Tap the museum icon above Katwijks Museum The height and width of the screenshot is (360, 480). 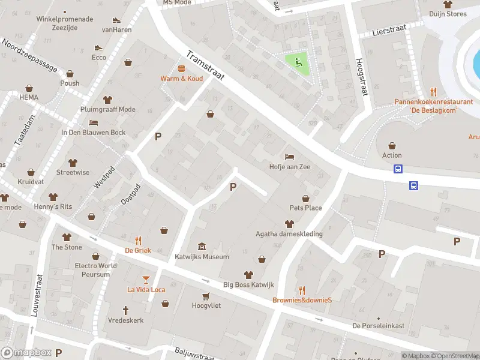tap(202, 247)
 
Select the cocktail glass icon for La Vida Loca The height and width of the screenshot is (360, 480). tap(146, 279)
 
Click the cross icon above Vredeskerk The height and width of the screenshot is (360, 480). tap(126, 310)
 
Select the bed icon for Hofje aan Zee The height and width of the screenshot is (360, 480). tap(290, 157)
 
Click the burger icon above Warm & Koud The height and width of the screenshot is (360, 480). tap(181, 68)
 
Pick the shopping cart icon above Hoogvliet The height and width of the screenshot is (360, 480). tap(206, 296)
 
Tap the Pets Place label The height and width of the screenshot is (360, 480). tap(305, 208)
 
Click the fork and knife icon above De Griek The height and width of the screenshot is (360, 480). tap(138, 240)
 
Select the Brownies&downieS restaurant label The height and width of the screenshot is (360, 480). tap(302, 300)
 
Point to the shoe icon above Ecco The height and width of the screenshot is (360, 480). tap(99, 48)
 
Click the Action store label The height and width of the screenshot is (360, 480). tap(392, 155)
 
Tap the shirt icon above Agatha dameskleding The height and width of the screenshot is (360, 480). tap(289, 224)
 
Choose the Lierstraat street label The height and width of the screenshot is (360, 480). tap(386, 30)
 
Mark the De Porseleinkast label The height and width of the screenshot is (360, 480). tap(378, 326)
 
